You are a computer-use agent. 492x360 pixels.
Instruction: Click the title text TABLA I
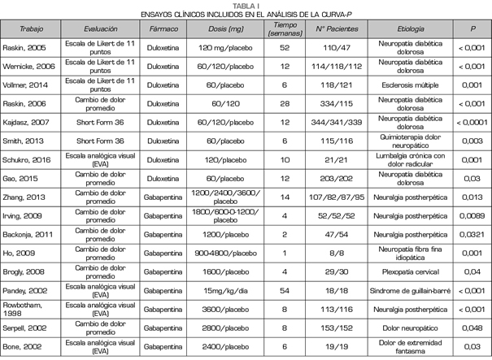coord(245,5)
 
